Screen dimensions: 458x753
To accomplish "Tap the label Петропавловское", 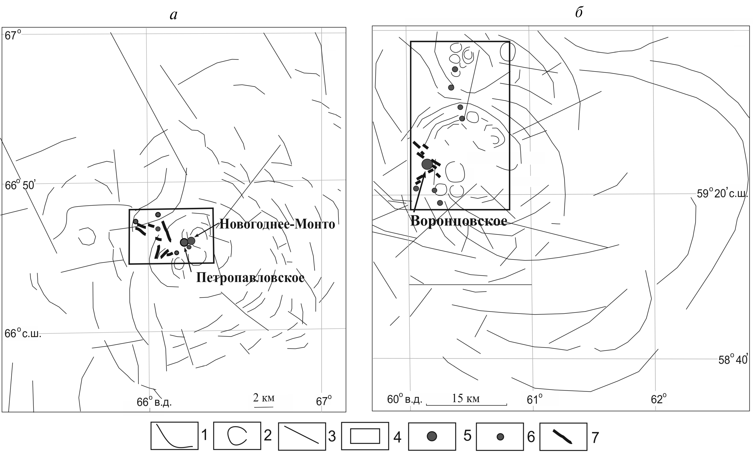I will [250, 278].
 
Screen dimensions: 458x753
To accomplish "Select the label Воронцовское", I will [458, 221].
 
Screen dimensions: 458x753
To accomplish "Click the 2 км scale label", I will [263, 398].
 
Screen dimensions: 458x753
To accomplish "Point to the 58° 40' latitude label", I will [732, 360].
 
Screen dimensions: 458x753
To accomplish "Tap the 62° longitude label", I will [658, 399].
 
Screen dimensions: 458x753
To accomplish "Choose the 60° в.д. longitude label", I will [404, 399].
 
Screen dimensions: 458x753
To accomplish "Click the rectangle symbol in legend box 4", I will [365, 436].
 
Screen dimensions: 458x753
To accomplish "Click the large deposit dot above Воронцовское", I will [427, 164].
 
